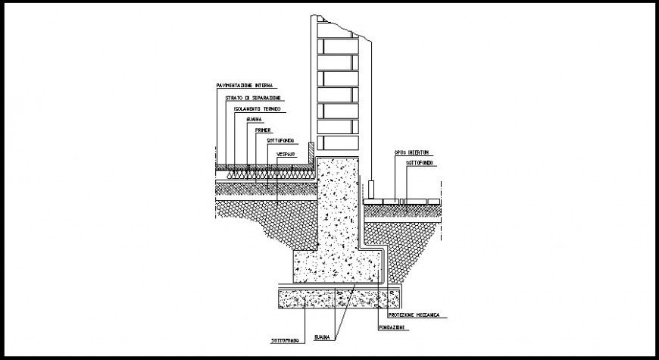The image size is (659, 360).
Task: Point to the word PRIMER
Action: click(x=264, y=130)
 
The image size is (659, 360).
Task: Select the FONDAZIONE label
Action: click(x=392, y=327)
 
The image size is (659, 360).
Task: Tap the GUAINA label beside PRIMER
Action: click(x=255, y=119)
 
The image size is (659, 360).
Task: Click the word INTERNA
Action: click(x=269, y=86)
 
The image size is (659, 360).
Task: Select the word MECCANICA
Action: click(x=433, y=315)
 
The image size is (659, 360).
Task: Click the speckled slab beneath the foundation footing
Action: click(x=333, y=298)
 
